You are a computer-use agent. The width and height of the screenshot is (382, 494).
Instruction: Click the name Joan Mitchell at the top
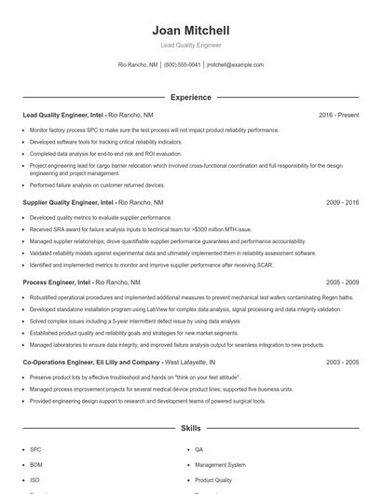tap(190, 31)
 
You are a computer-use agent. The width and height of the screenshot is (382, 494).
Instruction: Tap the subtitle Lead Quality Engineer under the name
tap(190, 45)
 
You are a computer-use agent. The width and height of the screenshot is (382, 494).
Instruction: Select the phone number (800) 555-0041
tap(182, 65)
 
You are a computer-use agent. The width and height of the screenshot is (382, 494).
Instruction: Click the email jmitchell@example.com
tap(235, 65)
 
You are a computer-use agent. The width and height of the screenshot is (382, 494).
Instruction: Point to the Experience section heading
tap(190, 97)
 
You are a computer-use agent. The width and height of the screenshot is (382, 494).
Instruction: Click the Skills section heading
tap(190, 429)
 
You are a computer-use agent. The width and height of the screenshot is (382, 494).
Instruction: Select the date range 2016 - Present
tap(338, 115)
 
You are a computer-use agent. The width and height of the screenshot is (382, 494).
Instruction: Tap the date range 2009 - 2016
tap(342, 201)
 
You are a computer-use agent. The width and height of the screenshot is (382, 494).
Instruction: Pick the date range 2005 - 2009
tap(342, 281)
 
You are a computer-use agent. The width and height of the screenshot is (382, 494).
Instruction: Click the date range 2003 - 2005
tap(342, 362)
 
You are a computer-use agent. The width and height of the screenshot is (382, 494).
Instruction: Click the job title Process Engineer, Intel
tap(57, 281)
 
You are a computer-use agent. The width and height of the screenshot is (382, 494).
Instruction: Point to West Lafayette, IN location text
tap(189, 362)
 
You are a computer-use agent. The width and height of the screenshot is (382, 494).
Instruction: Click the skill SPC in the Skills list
tap(35, 449)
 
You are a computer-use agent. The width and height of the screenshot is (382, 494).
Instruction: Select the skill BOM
tap(36, 464)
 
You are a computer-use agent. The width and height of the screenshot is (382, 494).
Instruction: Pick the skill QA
tap(199, 449)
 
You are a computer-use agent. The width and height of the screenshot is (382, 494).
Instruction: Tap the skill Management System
tap(220, 464)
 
